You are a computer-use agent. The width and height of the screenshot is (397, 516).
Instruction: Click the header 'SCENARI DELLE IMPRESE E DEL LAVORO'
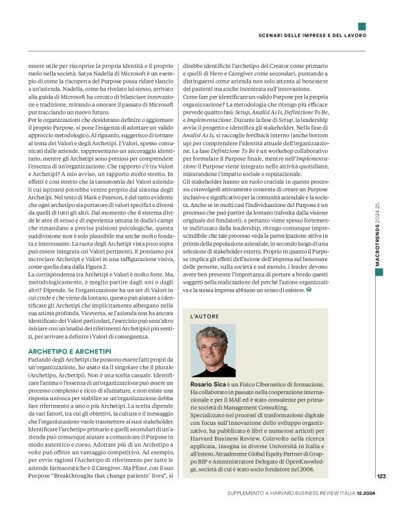click(312, 36)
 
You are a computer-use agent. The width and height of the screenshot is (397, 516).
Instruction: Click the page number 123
click(381, 476)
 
